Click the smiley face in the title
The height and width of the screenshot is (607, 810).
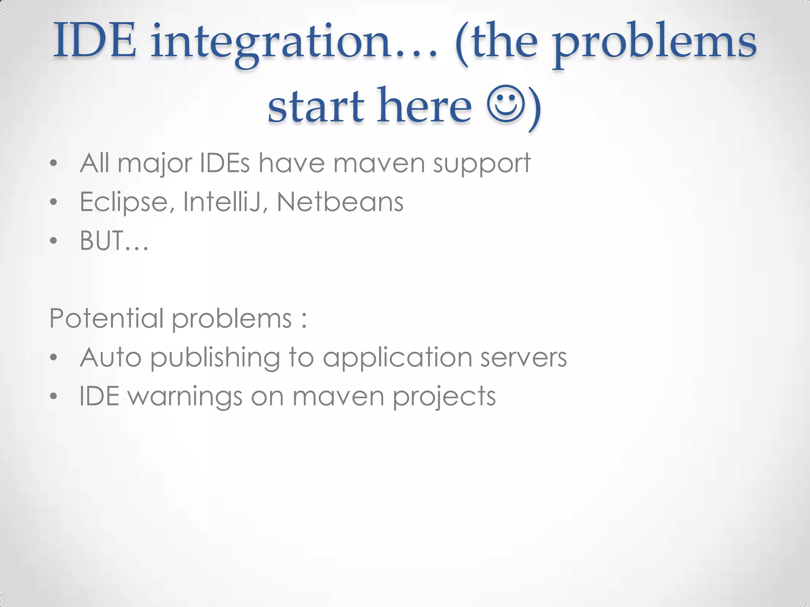point(506,104)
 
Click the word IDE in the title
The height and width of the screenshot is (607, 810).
point(95,41)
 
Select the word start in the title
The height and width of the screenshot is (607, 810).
point(315,106)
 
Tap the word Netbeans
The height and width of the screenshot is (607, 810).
point(340,202)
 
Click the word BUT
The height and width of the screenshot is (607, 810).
point(102,240)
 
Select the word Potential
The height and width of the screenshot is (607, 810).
point(106,318)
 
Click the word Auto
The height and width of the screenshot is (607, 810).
point(111,357)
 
